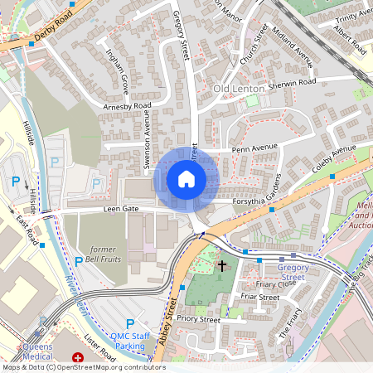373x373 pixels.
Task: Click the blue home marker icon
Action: [x=186, y=179]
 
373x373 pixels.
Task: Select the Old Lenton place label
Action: [x=239, y=88]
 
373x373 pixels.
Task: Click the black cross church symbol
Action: [x=222, y=266]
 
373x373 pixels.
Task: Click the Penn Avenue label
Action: [x=254, y=148]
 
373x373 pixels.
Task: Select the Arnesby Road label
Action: [x=128, y=106]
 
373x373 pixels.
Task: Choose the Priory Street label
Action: [x=199, y=319]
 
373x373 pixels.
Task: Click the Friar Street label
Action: [x=258, y=296]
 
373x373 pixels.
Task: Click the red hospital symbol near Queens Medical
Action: [x=79, y=358]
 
